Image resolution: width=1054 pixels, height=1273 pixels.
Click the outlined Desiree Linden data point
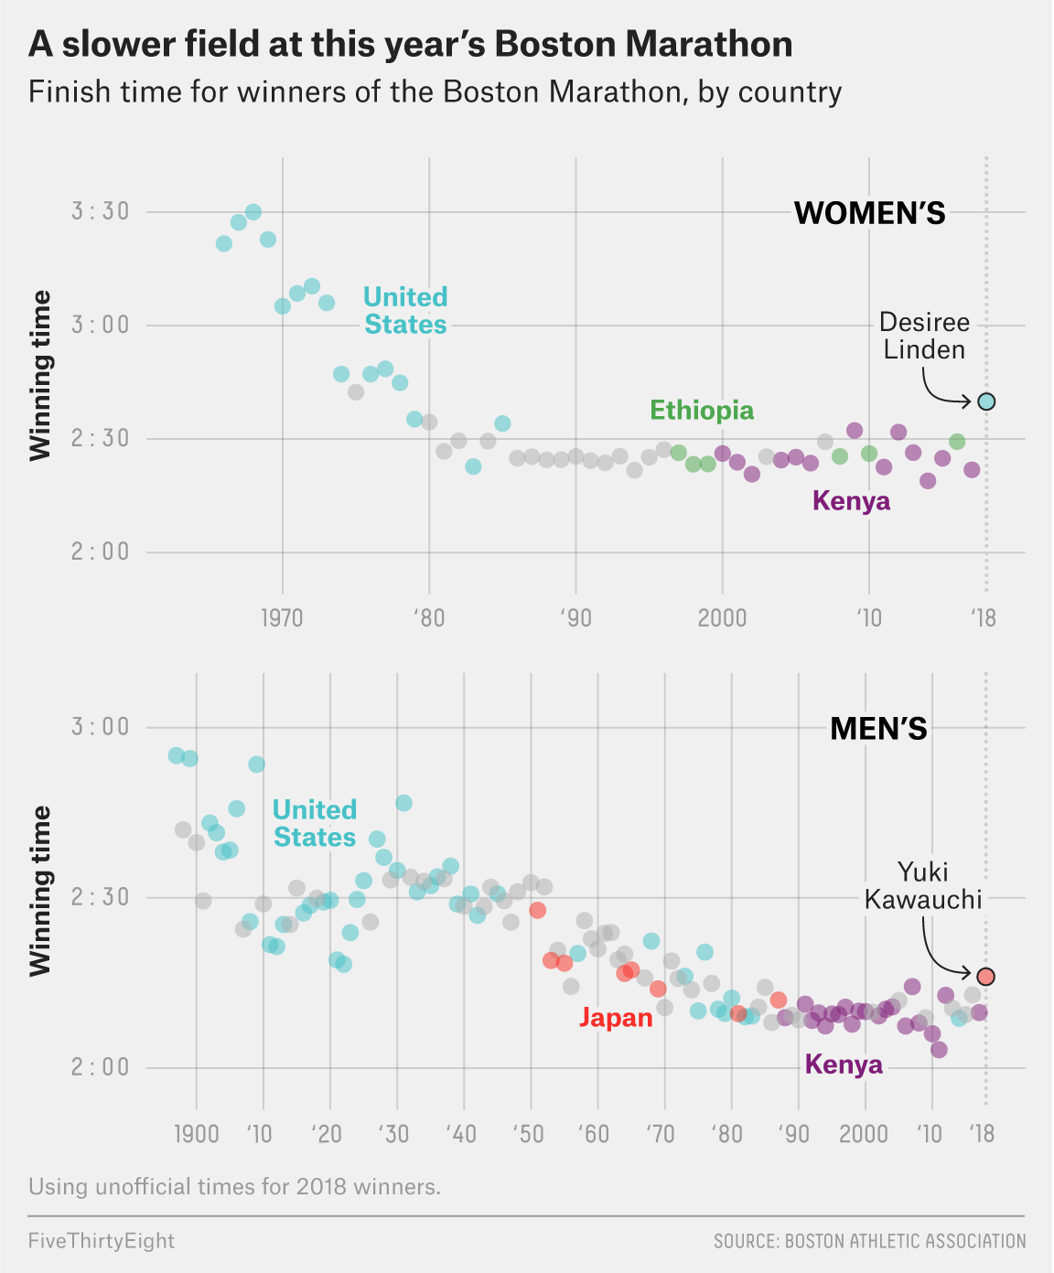[985, 401]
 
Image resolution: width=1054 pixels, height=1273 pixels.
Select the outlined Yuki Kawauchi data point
[985, 977]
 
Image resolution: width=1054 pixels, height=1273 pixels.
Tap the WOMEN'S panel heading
[869, 213]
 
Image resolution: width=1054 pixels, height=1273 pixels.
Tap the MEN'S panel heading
[878, 729]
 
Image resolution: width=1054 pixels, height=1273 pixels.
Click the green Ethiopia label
[702, 411]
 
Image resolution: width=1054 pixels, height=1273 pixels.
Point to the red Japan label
[616, 1018]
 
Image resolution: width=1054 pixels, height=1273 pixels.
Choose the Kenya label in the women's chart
[851, 501]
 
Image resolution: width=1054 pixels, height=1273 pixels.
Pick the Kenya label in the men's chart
[844, 1064]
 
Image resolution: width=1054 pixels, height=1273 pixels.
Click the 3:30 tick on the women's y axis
[100, 211]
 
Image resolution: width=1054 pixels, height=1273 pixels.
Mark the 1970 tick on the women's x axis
[282, 618]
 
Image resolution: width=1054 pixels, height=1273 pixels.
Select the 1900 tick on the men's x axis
[196, 1134]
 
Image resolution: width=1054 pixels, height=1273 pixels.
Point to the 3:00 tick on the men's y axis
[100, 727]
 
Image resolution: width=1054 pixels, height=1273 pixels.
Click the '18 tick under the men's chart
[984, 1134]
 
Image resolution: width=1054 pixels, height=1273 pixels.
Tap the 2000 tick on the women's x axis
[722, 618]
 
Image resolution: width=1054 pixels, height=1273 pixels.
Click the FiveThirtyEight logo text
[102, 1241]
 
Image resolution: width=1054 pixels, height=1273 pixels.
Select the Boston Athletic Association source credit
[869, 1241]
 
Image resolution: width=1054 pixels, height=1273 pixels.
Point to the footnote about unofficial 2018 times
[234, 1187]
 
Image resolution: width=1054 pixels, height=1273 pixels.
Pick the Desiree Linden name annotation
[924, 336]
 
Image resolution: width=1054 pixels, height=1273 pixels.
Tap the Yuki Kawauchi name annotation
[923, 885]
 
